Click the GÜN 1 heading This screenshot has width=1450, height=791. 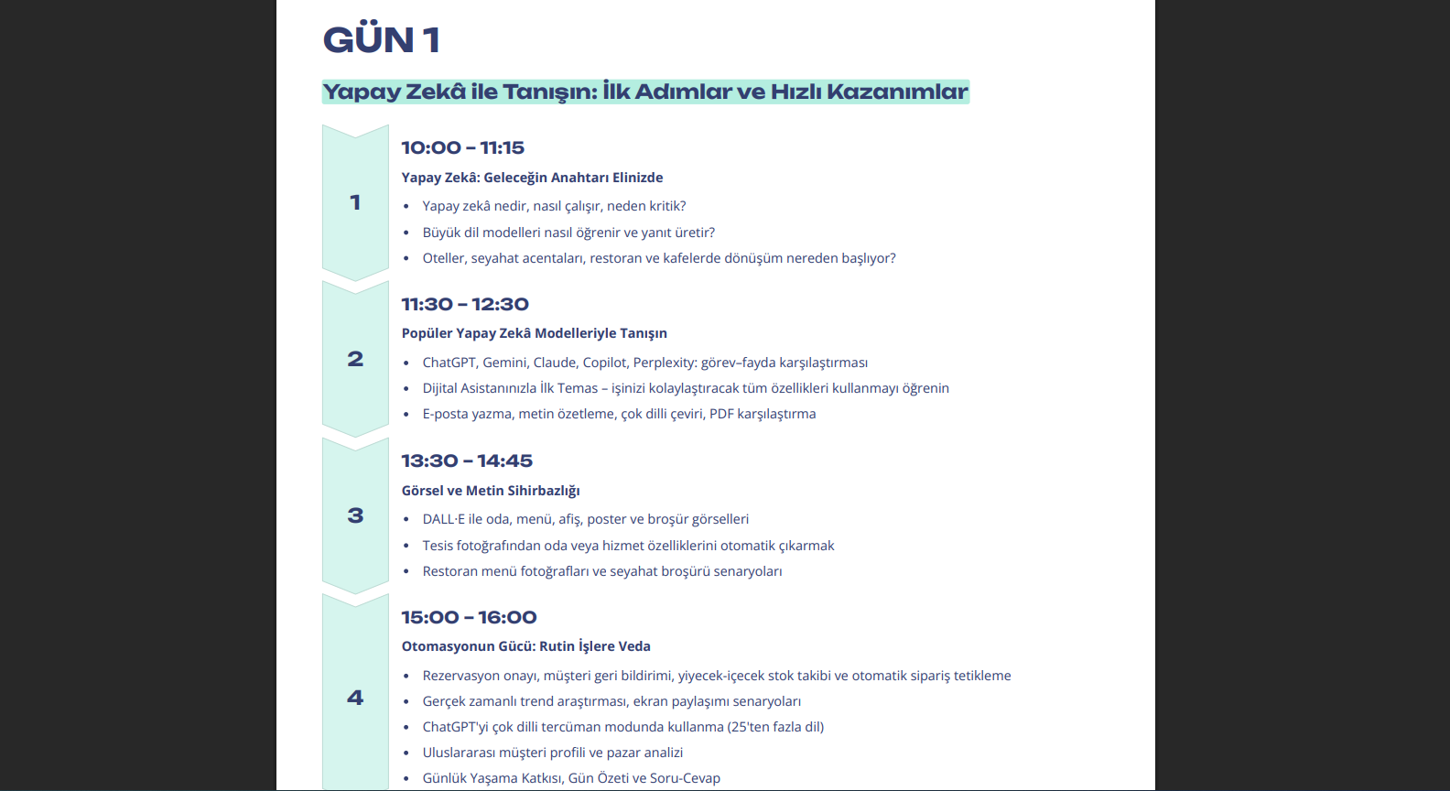(x=382, y=39)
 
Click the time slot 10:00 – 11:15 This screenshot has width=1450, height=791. (x=463, y=147)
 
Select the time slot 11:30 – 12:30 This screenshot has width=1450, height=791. (x=465, y=304)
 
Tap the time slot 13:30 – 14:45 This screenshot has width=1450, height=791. (x=467, y=461)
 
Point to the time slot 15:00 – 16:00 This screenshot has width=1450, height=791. (x=470, y=618)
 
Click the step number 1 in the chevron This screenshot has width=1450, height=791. (x=355, y=202)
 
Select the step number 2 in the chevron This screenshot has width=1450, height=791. (x=355, y=359)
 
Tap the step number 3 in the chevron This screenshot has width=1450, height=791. (x=355, y=516)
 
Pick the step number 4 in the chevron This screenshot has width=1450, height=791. (x=355, y=698)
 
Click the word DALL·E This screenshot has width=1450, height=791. (x=443, y=519)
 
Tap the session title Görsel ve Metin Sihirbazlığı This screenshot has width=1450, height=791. (x=491, y=491)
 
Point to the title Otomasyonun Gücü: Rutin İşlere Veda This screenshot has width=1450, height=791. (x=526, y=646)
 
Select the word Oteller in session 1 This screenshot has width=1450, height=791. (x=445, y=258)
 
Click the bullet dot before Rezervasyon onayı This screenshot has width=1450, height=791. (x=406, y=677)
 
